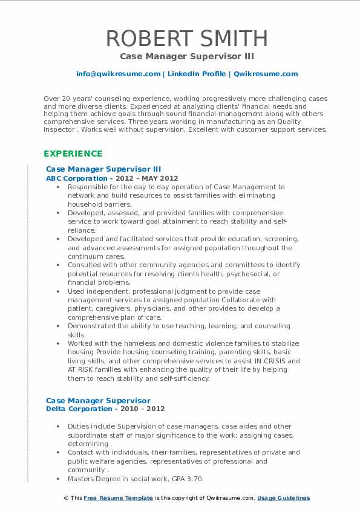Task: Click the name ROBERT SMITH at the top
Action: click(x=187, y=38)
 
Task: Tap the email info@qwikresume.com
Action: click(x=118, y=74)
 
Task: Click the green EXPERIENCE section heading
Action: click(x=73, y=154)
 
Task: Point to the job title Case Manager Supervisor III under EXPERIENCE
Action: click(x=103, y=169)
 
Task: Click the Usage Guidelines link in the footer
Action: click(x=283, y=498)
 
